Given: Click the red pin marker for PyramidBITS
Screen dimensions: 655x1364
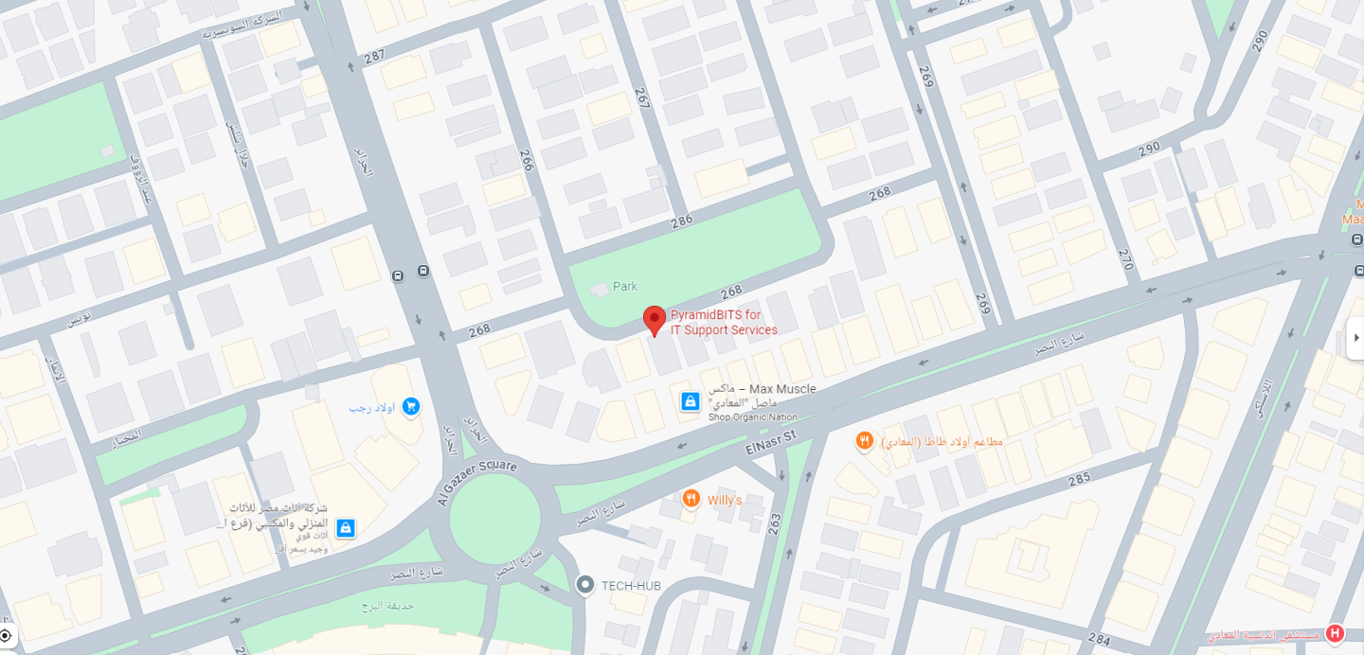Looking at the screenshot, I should (x=655, y=320).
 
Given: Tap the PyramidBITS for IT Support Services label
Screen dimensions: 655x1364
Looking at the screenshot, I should (x=724, y=323).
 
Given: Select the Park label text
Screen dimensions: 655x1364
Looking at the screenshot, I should (x=625, y=286).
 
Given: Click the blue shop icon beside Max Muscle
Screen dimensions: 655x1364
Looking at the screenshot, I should (x=691, y=402).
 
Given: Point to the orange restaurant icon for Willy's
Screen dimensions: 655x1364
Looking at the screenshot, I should (x=691, y=499).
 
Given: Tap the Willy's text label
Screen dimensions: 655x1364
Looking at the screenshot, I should (x=725, y=500).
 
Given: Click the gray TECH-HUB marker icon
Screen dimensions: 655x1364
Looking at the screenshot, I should (x=585, y=586).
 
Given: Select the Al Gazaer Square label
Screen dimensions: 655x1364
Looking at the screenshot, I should (x=476, y=483).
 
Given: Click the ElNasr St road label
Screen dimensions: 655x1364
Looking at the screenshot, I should (x=772, y=440).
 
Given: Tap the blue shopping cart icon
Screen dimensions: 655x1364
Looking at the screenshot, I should (x=410, y=406).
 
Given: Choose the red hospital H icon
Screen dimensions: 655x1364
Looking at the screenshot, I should (x=1336, y=633).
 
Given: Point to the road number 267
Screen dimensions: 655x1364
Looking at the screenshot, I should (x=642, y=99).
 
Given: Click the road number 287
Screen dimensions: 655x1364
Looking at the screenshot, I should (x=375, y=56).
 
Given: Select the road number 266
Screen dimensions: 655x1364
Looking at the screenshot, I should (x=527, y=160).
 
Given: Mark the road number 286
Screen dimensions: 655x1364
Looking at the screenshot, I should (x=682, y=221).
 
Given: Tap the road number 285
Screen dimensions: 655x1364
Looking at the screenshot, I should (x=1079, y=480).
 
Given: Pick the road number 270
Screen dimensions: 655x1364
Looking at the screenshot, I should (x=1125, y=259).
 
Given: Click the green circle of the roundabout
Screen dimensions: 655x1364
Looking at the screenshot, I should (x=494, y=518).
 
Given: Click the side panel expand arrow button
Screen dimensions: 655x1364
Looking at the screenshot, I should (x=1355, y=338).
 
